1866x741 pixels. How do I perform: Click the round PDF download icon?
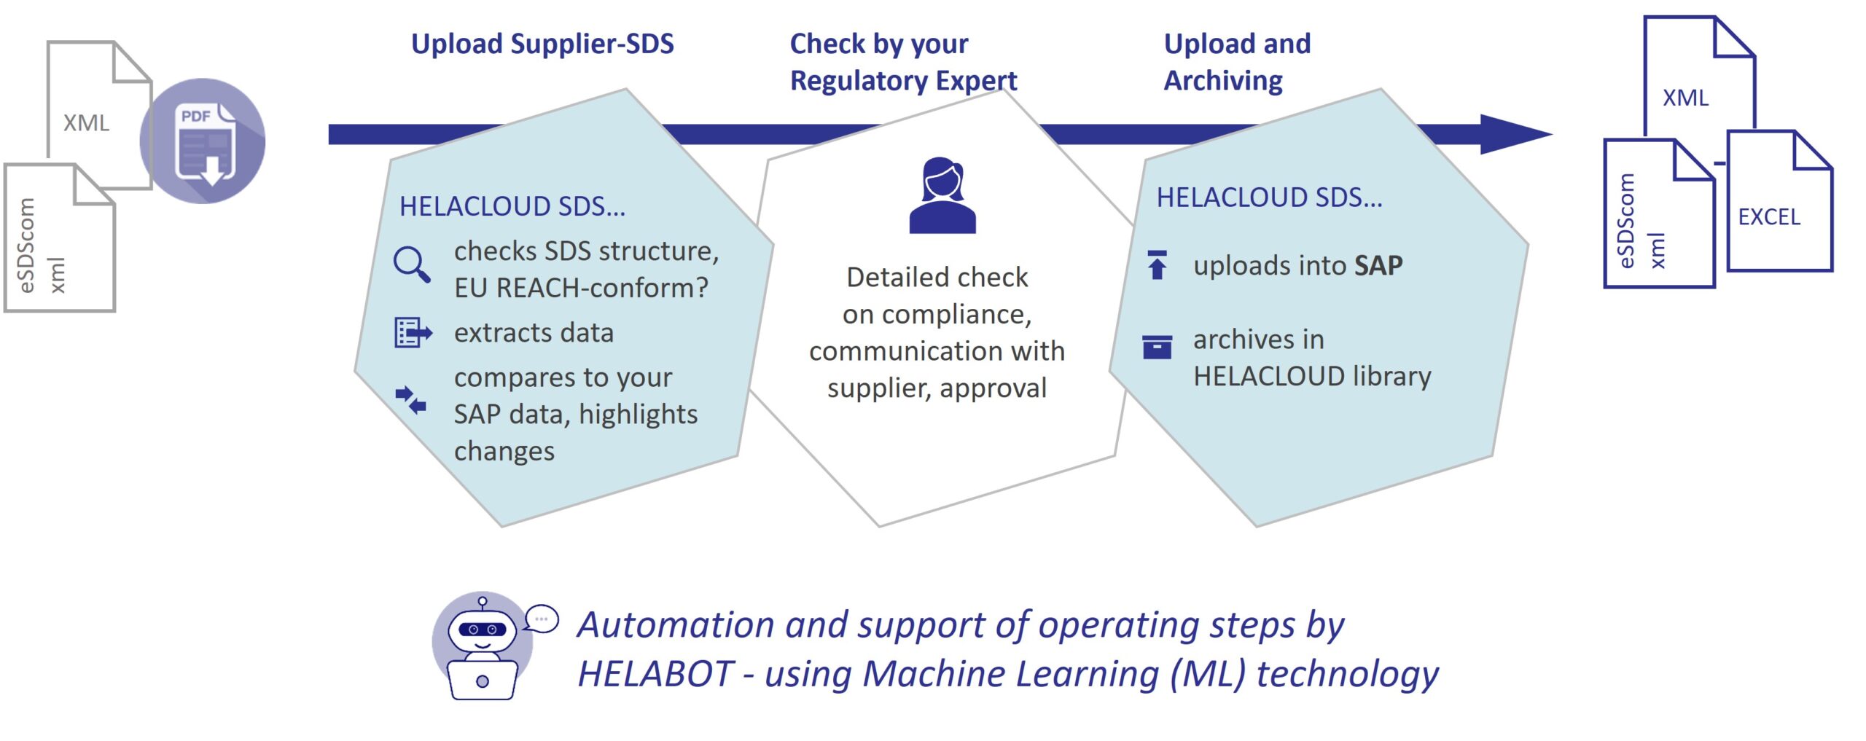203,141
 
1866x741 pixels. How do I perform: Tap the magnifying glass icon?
412,264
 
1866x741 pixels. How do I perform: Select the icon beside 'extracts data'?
413,333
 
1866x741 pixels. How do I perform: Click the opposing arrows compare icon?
411,399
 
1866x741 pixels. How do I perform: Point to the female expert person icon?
942,195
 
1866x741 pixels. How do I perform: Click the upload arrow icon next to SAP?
1157,265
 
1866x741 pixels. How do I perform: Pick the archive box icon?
1157,347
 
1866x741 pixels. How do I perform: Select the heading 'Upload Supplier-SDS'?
542,44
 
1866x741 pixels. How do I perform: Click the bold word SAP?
1378,266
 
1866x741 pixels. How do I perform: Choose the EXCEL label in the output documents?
1769,217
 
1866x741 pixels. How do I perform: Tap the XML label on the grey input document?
86,123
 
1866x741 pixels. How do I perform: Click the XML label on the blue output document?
1685,98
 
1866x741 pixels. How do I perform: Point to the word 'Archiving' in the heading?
1223,81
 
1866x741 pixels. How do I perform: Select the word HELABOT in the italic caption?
655,674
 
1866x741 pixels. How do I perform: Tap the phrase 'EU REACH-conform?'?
581,289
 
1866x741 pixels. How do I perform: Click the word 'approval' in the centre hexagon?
993,388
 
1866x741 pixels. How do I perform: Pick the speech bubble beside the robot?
542,619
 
